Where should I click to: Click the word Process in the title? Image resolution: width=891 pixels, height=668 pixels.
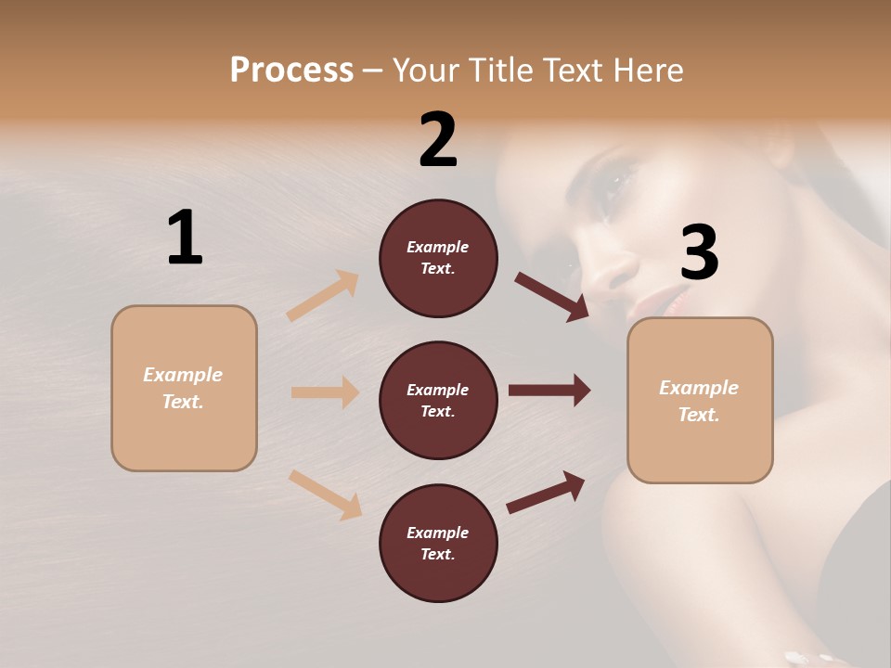pos(291,70)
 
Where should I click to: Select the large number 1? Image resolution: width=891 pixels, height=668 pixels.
pos(185,238)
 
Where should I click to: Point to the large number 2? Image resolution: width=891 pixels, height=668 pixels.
pos(438,140)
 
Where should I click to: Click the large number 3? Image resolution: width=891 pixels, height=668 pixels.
pos(699,252)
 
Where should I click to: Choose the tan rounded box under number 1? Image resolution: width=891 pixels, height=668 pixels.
pos(184,388)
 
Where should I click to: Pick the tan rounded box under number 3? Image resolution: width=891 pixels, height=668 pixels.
pos(700,400)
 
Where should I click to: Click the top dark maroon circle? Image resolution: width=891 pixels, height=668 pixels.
pos(438,258)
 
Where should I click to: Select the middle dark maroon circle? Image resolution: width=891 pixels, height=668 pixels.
pos(438,400)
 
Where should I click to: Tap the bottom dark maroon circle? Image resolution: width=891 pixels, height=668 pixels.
pos(438,543)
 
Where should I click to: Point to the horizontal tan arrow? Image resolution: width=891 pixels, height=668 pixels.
pos(325,392)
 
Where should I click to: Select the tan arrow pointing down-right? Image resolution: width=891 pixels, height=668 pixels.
pos(325,495)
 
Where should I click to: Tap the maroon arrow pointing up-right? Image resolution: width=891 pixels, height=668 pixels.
pos(546,492)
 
